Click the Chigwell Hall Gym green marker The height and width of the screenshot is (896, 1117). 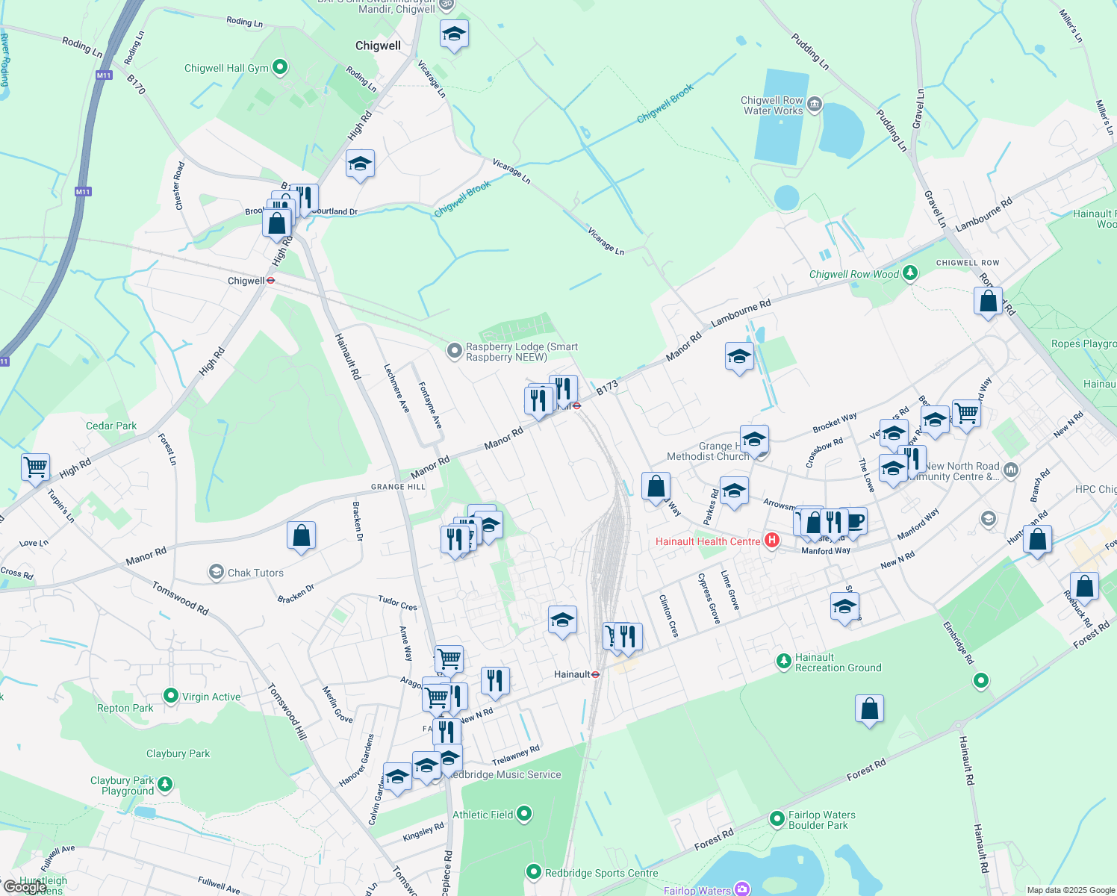point(280,68)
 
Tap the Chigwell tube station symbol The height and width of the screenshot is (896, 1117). point(271,281)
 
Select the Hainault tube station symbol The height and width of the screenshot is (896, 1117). point(596,674)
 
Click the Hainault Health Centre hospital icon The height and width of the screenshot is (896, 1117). point(772,541)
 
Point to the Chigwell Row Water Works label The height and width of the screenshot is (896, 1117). point(772,105)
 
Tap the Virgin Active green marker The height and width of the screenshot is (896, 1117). point(171,697)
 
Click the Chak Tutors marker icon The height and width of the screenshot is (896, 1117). point(217,573)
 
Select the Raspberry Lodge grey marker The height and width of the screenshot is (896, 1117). point(454,351)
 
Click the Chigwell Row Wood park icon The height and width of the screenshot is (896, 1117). point(909,273)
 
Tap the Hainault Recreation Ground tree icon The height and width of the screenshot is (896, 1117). point(783,661)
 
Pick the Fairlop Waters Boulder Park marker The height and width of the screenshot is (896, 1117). point(777,819)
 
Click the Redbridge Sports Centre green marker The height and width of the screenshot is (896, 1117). point(533,872)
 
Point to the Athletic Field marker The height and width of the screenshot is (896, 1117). point(524,814)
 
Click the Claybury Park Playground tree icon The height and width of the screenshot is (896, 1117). point(165,784)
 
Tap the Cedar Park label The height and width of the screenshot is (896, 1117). point(111,426)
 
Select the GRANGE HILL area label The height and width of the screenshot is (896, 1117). point(398,487)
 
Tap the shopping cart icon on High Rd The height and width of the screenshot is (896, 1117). point(35,468)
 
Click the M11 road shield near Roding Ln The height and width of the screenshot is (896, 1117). point(104,75)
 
